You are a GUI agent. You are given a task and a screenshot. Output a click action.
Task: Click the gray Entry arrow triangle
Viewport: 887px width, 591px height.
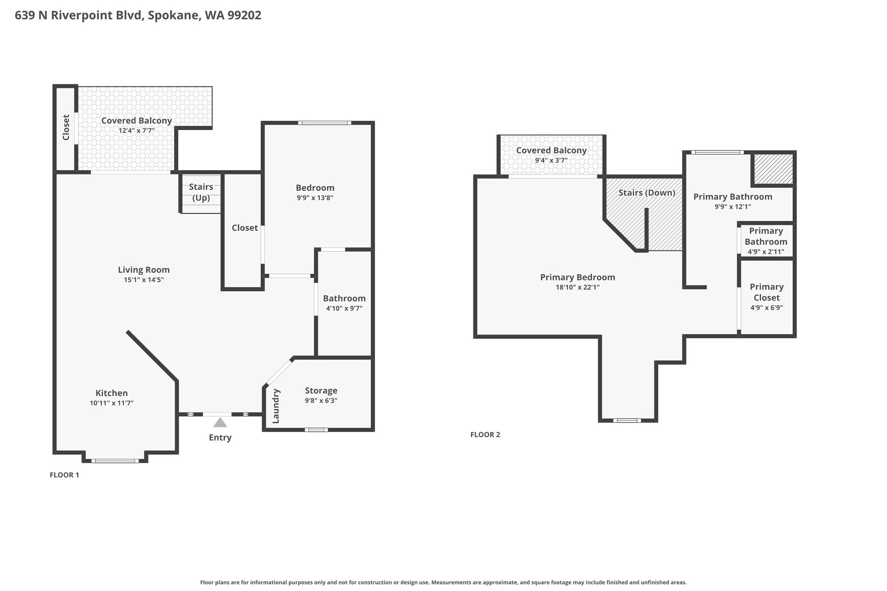tap(220, 422)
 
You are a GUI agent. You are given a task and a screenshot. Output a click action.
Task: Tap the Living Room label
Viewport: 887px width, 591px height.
tap(144, 270)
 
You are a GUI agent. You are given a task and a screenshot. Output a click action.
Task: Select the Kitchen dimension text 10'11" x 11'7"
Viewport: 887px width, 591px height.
tap(112, 403)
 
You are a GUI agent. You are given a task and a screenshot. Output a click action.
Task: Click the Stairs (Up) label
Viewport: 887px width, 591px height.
tap(201, 193)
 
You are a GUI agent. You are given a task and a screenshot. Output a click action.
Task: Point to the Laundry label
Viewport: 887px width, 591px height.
tap(276, 406)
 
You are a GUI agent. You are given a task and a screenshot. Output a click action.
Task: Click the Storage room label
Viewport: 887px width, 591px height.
tap(321, 391)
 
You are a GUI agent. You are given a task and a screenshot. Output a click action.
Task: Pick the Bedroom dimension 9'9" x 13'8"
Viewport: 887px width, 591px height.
tap(315, 198)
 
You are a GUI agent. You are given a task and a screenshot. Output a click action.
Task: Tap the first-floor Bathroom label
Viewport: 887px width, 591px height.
tap(344, 298)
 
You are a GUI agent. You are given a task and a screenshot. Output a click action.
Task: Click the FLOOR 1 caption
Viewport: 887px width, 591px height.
tap(65, 475)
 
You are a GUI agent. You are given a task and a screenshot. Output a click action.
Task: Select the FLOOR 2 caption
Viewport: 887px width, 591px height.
tap(485, 435)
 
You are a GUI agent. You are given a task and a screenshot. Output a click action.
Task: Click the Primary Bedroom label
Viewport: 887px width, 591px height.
tap(577, 277)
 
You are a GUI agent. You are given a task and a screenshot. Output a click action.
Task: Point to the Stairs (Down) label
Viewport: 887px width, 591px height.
tap(647, 193)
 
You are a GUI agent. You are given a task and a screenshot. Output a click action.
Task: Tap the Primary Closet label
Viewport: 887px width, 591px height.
tap(767, 292)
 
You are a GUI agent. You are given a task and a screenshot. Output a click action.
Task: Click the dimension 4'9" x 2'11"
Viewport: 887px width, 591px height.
tap(766, 252)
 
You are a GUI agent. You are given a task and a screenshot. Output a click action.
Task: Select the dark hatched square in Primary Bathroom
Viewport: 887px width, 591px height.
tap(774, 169)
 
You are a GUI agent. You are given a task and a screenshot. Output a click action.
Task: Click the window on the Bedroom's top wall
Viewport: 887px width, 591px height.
tap(325, 123)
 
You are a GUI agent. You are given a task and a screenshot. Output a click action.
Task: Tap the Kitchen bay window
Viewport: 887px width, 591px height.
tap(115, 461)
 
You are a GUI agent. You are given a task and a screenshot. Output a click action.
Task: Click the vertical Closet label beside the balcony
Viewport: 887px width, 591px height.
tap(66, 127)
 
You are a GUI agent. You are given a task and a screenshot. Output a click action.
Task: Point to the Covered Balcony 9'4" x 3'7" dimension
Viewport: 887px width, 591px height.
tap(551, 160)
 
